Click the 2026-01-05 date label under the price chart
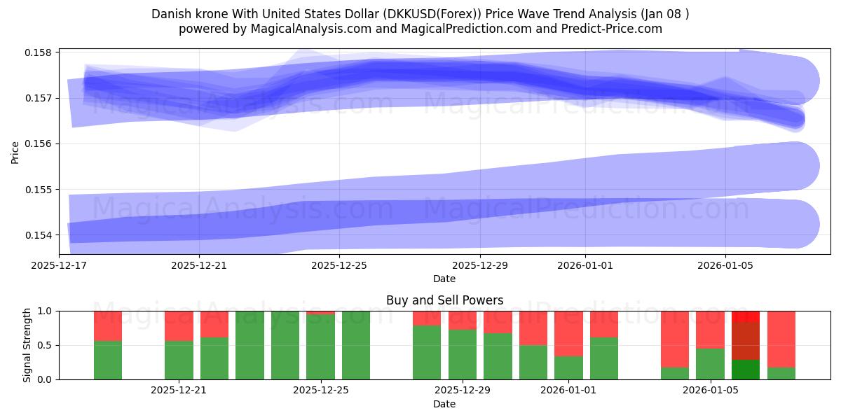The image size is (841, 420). click(x=725, y=265)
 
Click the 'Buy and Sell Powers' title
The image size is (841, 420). click(x=444, y=300)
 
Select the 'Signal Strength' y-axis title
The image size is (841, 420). click(x=27, y=345)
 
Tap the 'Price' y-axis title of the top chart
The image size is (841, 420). click(x=15, y=151)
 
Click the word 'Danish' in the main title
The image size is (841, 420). click(x=169, y=14)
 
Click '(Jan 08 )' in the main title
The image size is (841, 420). click(x=663, y=14)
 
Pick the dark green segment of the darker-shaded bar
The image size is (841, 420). click(x=746, y=370)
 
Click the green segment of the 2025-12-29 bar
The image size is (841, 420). click(x=463, y=354)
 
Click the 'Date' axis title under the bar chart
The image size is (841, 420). click(x=444, y=404)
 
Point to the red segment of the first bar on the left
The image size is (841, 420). click(x=108, y=325)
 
